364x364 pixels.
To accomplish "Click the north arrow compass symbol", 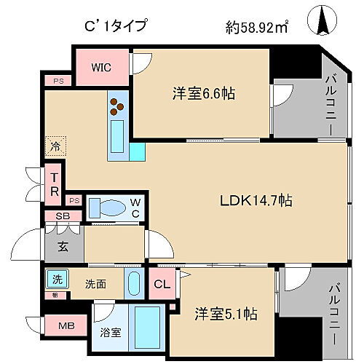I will [x=323, y=20].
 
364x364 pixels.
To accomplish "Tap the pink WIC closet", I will [x=100, y=67].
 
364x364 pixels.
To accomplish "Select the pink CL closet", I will [x=161, y=284].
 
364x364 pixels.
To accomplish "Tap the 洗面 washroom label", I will [x=95, y=283].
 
